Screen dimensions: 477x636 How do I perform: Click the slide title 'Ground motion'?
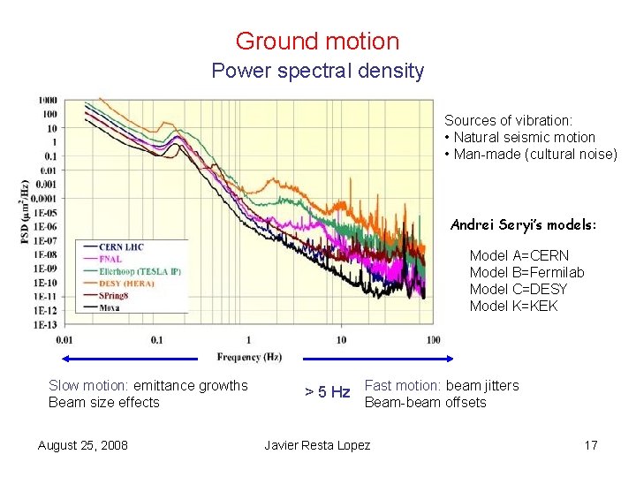pyautogui.click(x=317, y=41)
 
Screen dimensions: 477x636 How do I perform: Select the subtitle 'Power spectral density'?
pyautogui.click(x=317, y=72)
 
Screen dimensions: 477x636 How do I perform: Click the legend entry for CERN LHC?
pyautogui.click(x=122, y=247)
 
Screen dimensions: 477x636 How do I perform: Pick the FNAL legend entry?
pyautogui.click(x=110, y=259)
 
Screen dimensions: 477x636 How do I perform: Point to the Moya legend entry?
pyautogui.click(x=110, y=307)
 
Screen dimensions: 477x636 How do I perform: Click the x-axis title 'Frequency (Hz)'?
pyautogui.click(x=249, y=357)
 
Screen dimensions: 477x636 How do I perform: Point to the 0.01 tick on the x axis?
pyautogui.click(x=64, y=339)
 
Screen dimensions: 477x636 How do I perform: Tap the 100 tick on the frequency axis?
pyautogui.click(x=433, y=339)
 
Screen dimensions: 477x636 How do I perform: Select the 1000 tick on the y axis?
pyautogui.click(x=48, y=100)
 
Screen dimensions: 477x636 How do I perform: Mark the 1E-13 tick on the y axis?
pyautogui.click(x=46, y=324)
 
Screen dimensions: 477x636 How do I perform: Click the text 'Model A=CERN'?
pyautogui.click(x=519, y=255)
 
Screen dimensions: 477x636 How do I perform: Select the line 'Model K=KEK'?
pyautogui.click(x=513, y=307)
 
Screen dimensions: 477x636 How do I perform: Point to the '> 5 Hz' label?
pyautogui.click(x=327, y=392)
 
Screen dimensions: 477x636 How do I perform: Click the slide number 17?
pyautogui.click(x=591, y=444)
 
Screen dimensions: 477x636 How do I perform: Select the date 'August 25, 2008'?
pyautogui.click(x=82, y=444)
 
